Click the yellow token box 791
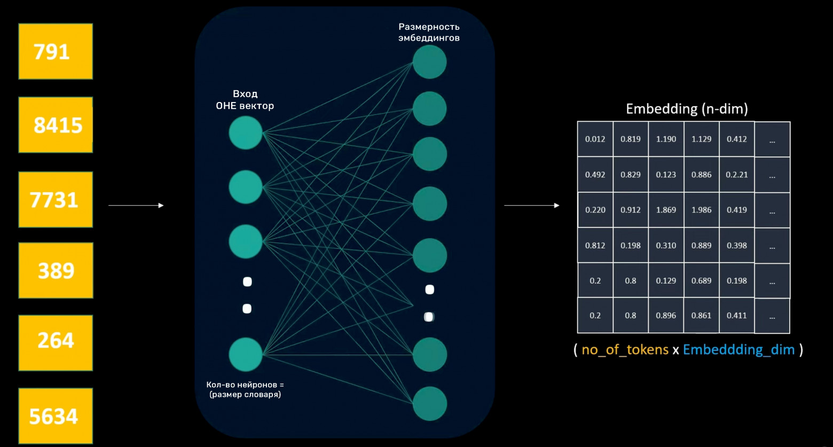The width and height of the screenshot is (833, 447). click(56, 51)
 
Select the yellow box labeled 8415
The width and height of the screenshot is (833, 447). click(56, 125)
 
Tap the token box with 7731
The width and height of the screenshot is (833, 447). click(56, 199)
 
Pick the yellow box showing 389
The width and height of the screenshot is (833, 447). click(56, 270)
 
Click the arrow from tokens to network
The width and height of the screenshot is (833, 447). click(136, 205)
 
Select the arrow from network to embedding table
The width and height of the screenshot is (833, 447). click(532, 205)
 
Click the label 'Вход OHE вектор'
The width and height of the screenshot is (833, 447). click(245, 100)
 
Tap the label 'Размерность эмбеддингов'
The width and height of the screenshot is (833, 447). click(429, 32)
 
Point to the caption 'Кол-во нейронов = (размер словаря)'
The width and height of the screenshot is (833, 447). click(245, 389)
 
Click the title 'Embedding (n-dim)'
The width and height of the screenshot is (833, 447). click(687, 109)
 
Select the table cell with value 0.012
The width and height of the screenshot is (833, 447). click(595, 139)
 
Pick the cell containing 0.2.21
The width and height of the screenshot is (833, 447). click(736, 175)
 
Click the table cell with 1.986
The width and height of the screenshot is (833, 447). click(701, 210)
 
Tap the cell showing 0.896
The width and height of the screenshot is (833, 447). click(666, 316)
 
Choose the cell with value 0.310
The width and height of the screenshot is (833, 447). click(666, 246)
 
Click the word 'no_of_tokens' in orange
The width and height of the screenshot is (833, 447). click(625, 350)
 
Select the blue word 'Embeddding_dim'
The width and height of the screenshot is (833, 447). click(738, 350)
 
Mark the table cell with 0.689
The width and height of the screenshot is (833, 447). click(701, 280)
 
